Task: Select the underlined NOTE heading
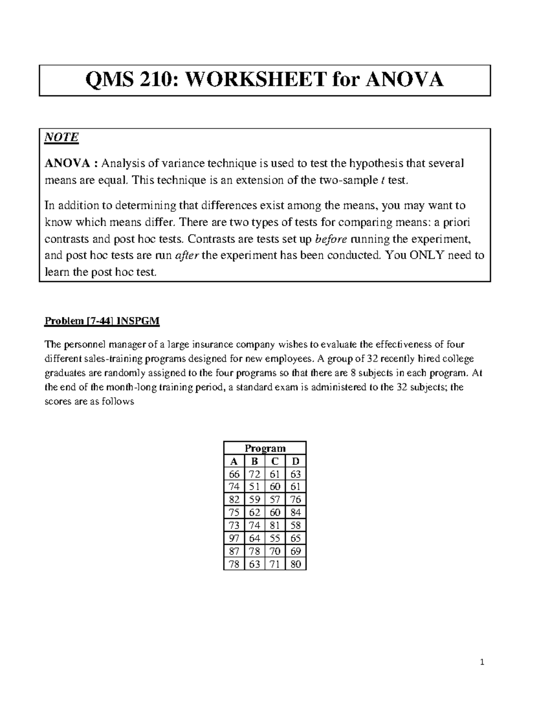pos(61,137)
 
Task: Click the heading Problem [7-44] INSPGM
pos(102,321)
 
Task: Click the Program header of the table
pos(265,448)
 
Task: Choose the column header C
pos(275,461)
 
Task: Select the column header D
pos(296,461)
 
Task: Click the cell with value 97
pos(234,538)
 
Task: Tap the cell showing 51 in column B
pos(254,487)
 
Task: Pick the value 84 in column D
pos(296,513)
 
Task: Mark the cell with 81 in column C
pos(275,525)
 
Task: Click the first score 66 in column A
pos(234,474)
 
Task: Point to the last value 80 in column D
pos(296,564)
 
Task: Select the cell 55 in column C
pos(275,538)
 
